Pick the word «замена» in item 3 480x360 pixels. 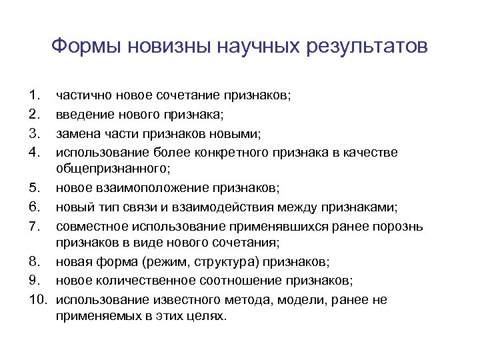tap(76, 134)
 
